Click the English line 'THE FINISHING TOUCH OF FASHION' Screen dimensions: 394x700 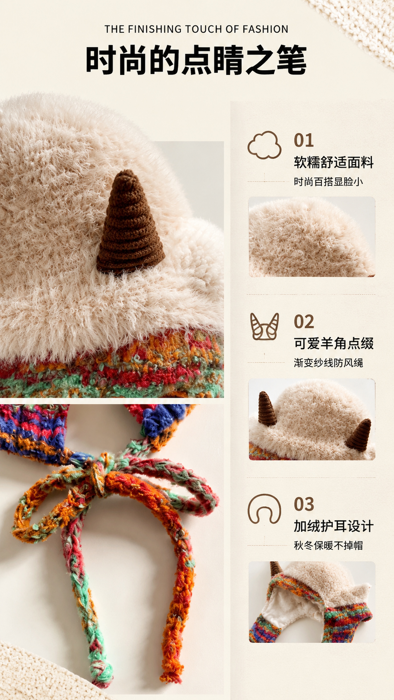(x=196, y=29)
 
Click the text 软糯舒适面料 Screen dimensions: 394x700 (x=334, y=162)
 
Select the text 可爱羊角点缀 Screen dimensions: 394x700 (x=334, y=343)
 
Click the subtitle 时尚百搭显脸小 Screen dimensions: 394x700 (x=328, y=182)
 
